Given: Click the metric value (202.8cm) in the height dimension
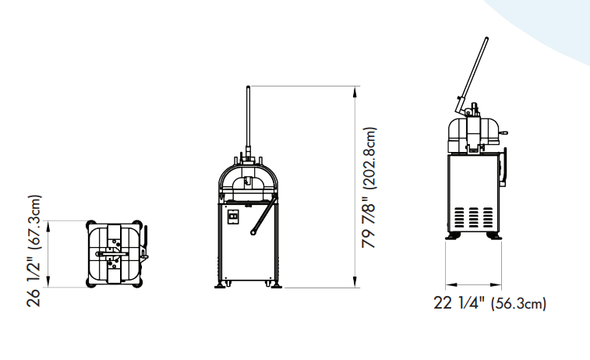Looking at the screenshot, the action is (x=369, y=157).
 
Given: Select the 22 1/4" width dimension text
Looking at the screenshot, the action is (x=459, y=302).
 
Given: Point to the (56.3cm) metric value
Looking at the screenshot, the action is (x=518, y=304).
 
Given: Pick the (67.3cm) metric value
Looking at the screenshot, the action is (x=34, y=222).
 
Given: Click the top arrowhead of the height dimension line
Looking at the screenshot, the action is (x=355, y=92).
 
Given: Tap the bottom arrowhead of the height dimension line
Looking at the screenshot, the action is (x=355, y=282).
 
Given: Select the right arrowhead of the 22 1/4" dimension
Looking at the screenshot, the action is (x=496, y=285).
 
